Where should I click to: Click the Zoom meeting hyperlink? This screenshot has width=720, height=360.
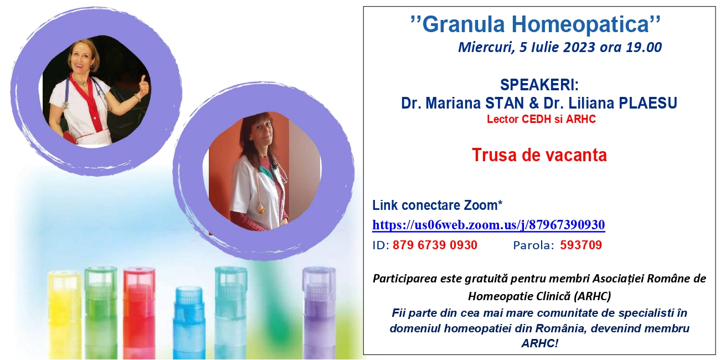(x=488, y=225)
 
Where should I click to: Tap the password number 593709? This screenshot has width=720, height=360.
(x=581, y=245)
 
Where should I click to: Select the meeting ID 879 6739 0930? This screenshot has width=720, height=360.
(x=435, y=245)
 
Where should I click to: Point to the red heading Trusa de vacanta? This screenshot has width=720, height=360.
(x=539, y=155)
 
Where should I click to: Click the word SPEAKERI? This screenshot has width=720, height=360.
(x=539, y=85)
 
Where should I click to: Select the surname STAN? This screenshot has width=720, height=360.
(x=505, y=103)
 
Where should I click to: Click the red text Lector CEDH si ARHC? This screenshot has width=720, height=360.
(x=541, y=119)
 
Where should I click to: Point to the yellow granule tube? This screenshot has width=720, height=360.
(x=64, y=315)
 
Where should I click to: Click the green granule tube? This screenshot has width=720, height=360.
(x=101, y=313)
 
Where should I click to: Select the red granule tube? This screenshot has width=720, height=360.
(x=139, y=313)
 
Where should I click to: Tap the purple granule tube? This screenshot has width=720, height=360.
(x=320, y=313)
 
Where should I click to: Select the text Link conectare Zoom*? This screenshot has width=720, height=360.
(x=437, y=205)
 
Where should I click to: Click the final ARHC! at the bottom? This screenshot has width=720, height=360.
(x=539, y=343)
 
